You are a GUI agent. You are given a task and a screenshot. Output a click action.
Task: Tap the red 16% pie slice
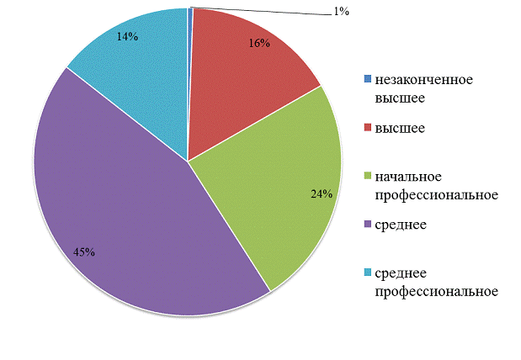tap(244, 76)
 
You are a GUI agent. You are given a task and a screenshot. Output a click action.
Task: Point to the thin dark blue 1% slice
tap(190, 34)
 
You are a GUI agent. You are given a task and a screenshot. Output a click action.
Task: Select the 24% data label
tap(322, 194)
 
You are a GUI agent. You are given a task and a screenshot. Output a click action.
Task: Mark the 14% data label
tap(128, 37)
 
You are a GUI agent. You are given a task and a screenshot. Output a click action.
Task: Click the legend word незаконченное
tap(424, 80)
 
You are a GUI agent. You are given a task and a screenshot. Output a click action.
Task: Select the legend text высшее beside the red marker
tap(400, 129)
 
